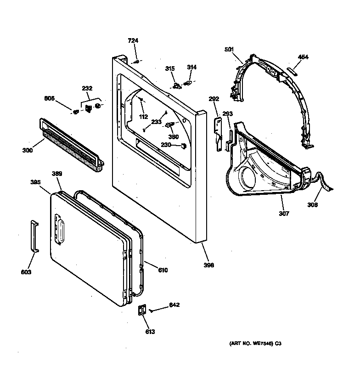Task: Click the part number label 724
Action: [133, 41]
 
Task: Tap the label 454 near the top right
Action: [303, 57]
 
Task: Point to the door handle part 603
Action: [34, 236]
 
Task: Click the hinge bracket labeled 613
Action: [142, 311]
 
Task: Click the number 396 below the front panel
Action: [209, 265]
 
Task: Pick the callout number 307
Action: [284, 214]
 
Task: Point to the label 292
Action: [214, 98]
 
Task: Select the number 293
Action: [228, 113]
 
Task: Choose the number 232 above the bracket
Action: [87, 88]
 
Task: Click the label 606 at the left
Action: [50, 98]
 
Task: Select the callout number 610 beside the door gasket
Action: [163, 270]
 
